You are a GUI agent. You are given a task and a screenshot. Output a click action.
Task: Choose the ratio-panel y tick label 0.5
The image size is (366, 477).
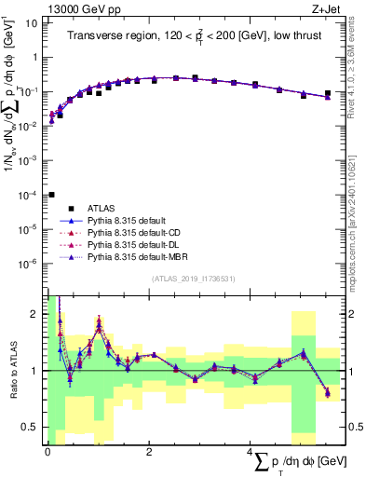(x=30, y=427)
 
